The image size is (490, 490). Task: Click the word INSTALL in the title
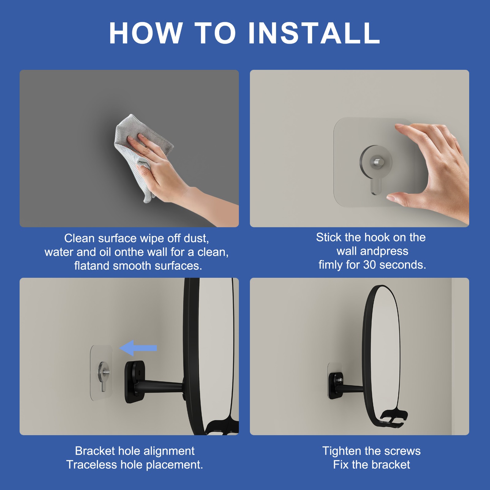tap(314, 33)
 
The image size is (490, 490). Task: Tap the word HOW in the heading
tap(146, 33)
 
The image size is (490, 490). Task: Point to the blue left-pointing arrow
tap(138, 348)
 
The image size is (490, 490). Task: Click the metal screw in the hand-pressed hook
tap(376, 162)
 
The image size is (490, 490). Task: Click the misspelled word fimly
tap(330, 265)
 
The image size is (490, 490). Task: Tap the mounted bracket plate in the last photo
tap(336, 385)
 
